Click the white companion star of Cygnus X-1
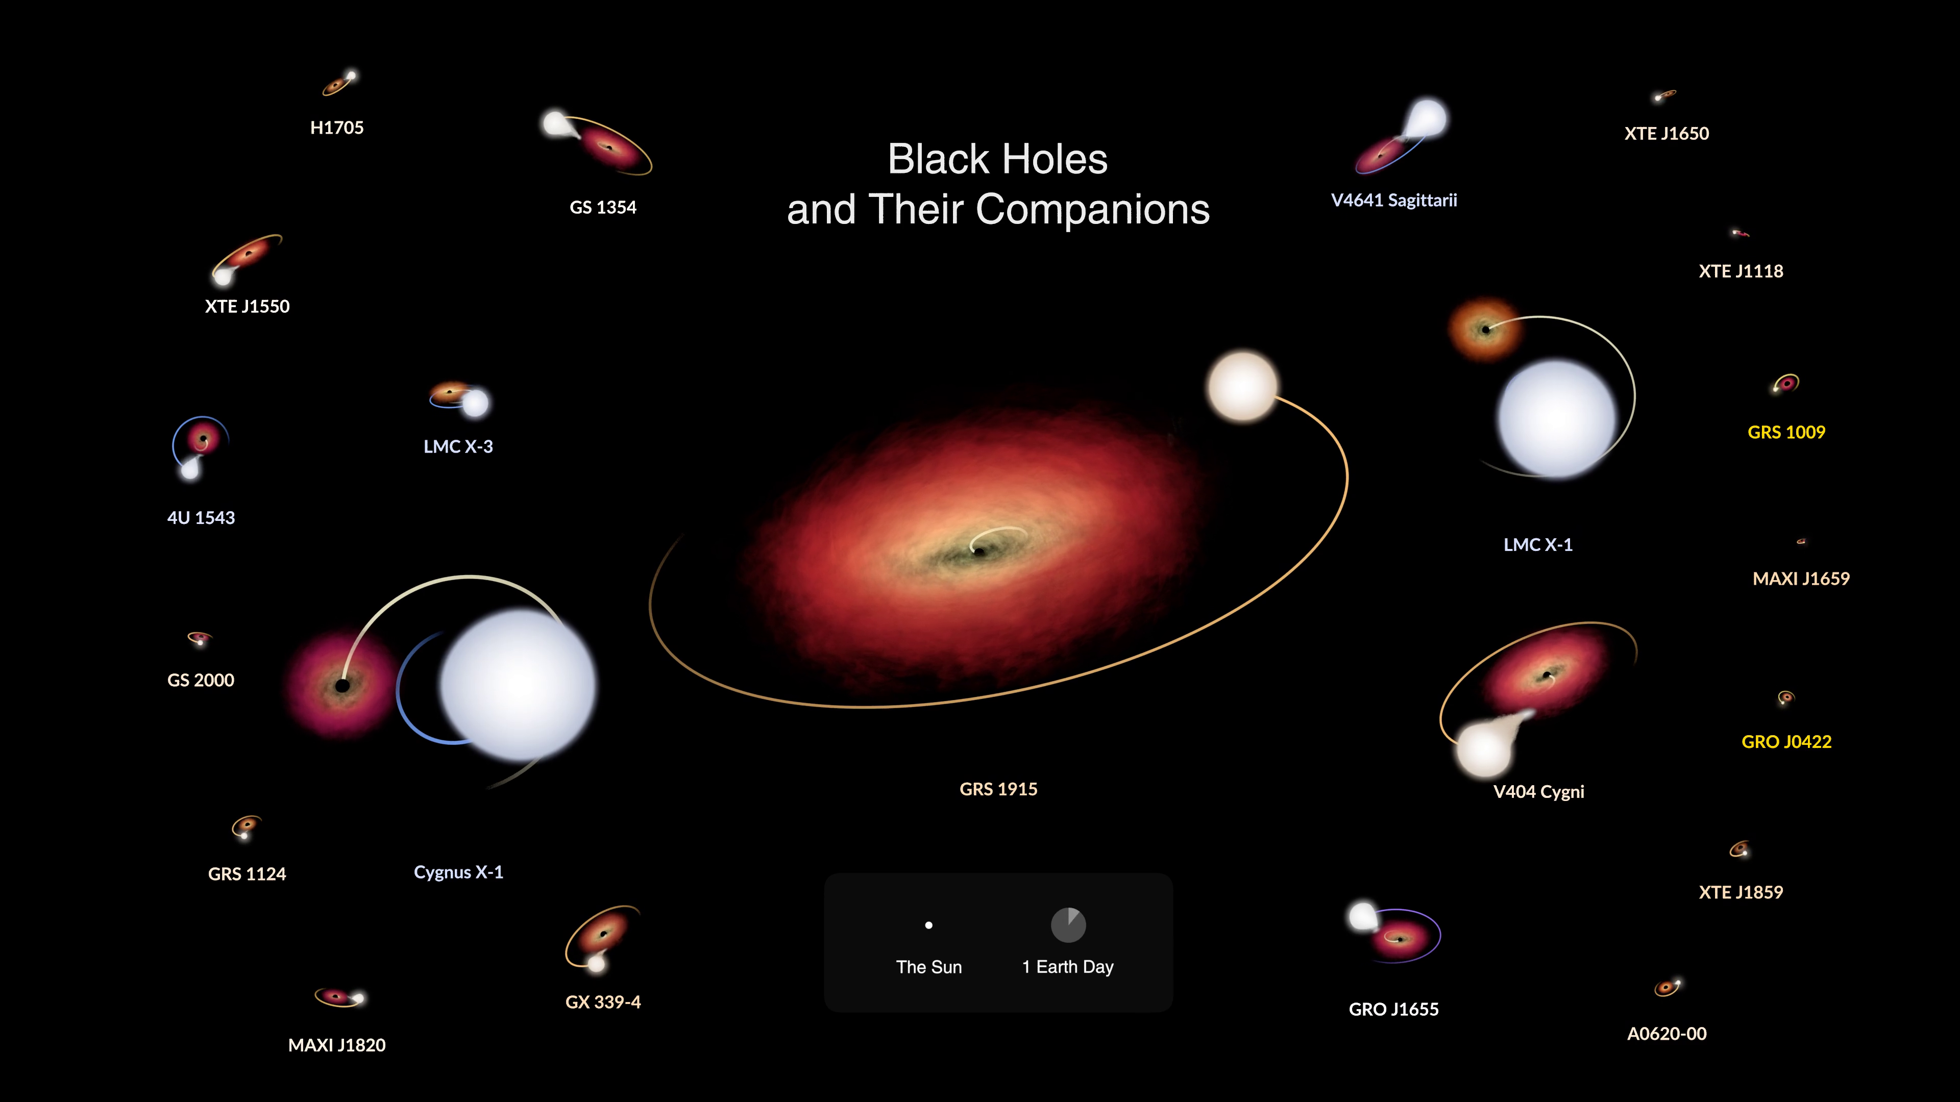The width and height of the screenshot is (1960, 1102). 518,685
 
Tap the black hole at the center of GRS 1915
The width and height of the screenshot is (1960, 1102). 980,552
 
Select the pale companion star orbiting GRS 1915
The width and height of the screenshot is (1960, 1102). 1242,386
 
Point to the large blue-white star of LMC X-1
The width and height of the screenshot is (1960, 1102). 1557,419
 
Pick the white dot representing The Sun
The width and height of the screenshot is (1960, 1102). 928,925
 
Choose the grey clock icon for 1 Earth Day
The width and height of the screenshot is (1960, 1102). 1068,925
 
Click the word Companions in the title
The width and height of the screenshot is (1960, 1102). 1093,210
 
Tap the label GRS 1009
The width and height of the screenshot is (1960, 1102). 1786,432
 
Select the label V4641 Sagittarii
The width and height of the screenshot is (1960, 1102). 1394,200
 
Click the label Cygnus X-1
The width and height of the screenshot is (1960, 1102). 458,872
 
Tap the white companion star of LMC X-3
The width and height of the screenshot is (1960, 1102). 476,403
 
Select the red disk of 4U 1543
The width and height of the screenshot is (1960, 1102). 203,438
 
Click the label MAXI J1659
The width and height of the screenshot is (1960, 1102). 1801,579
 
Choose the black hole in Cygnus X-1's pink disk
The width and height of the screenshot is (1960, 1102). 342,686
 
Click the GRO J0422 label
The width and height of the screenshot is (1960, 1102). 1786,741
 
